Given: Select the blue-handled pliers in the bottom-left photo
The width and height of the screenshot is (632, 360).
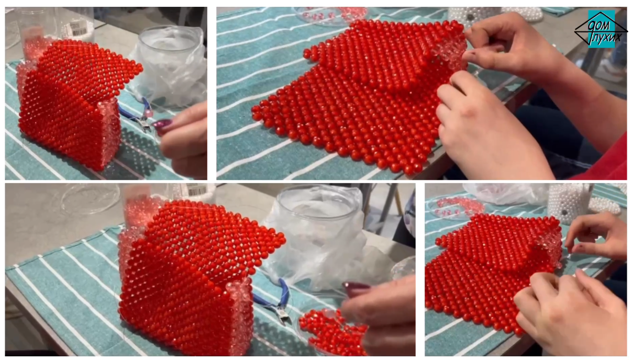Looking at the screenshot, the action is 274,301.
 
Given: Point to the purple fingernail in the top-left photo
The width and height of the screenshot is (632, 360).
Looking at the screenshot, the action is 162,123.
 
